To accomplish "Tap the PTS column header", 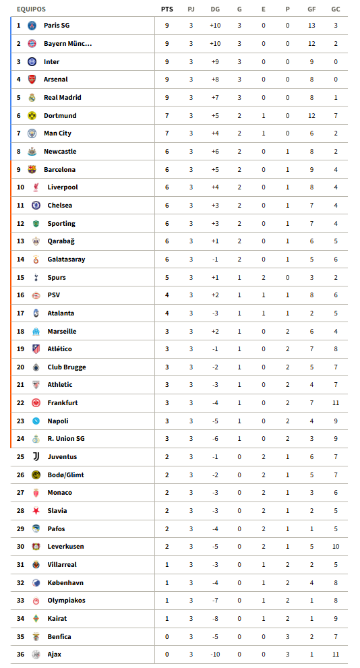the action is (167, 9).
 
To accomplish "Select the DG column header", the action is (215, 9).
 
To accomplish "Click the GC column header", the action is (335, 9).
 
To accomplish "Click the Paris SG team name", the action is (57, 26).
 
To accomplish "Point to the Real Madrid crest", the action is (32, 98).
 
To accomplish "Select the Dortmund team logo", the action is (32, 116).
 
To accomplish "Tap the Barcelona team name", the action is (59, 170).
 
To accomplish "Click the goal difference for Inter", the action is (215, 62).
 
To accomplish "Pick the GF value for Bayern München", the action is (311, 44).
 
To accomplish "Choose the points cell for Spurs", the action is (167, 278).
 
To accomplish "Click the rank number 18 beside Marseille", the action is (20, 332).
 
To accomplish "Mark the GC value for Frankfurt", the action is (335, 403).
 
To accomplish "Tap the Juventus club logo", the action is (36, 457).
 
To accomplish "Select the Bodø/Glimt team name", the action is (65, 475).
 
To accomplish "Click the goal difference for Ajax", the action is (215, 655).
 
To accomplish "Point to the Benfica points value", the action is (167, 637).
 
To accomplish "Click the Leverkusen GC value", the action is (335, 547).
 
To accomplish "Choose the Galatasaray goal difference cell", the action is (215, 260).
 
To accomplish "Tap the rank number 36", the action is (20, 655).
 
